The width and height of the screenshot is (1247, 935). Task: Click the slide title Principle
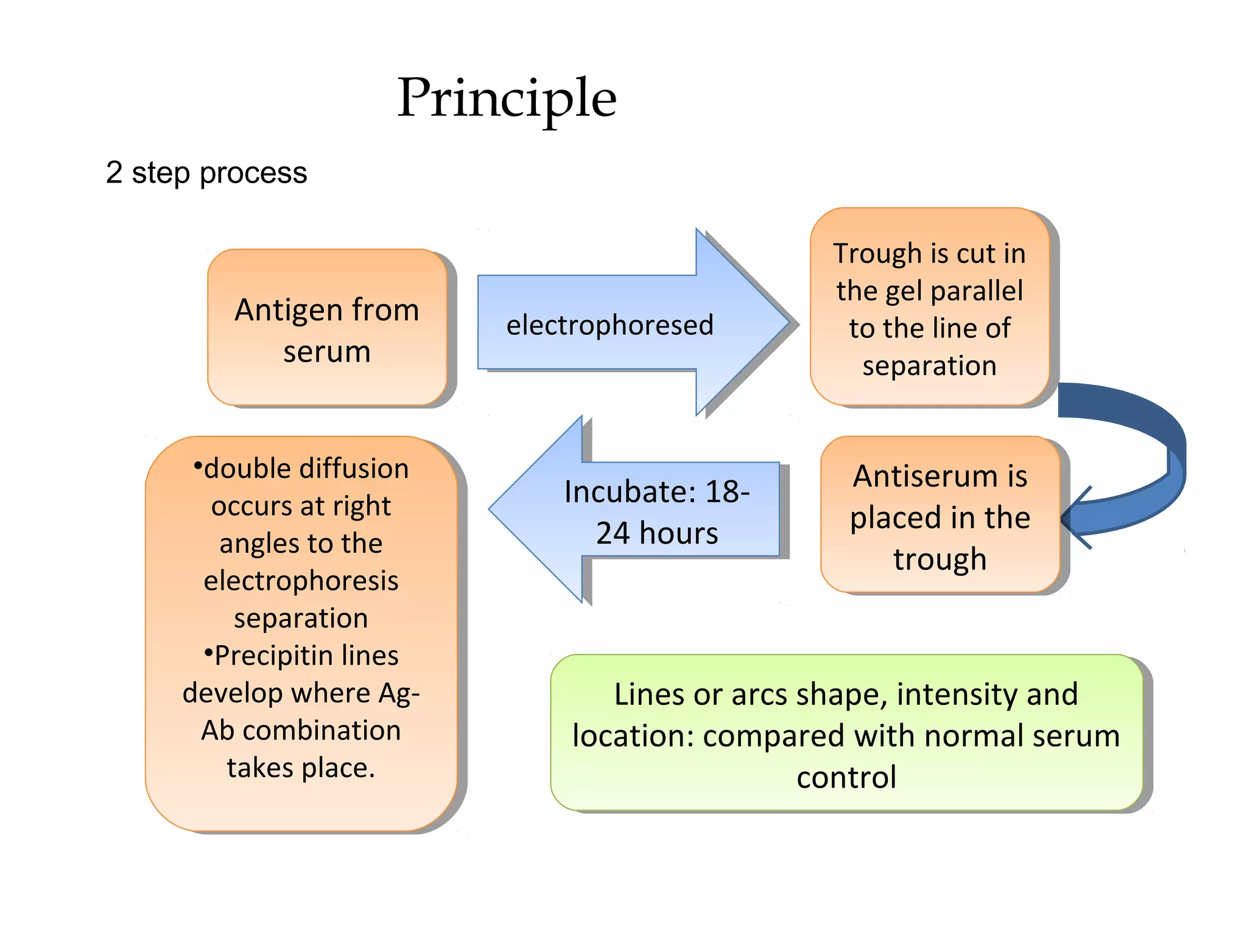tap(507, 99)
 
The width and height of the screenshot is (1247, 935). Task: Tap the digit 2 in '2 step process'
tap(114, 172)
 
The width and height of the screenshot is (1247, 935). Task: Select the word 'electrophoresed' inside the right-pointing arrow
tap(609, 325)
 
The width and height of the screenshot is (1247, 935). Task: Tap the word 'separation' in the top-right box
tap(929, 366)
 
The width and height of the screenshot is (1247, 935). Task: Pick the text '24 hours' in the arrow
tap(657, 533)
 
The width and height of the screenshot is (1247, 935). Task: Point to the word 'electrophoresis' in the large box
tap(301, 581)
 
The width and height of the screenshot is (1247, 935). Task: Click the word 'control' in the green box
tap(846, 777)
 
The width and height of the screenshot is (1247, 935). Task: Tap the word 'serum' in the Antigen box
tap(327, 352)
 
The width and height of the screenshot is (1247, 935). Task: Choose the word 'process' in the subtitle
tap(253, 173)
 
